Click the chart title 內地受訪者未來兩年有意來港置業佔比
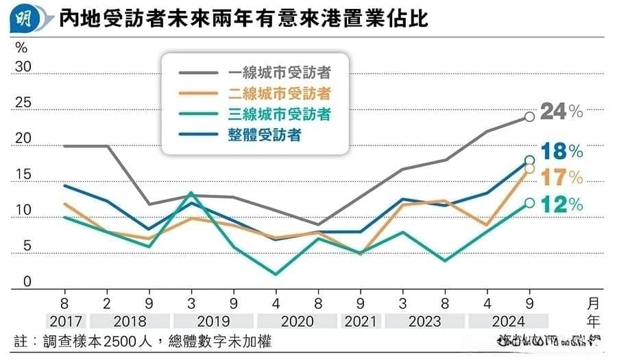(243, 19)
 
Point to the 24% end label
(561, 111)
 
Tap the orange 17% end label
(561, 178)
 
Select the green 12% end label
(561, 204)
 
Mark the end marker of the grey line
(529, 117)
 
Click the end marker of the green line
(529, 202)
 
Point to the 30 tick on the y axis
(23, 67)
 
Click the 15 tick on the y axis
(23, 176)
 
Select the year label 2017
(66, 321)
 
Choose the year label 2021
(361, 321)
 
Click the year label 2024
(508, 321)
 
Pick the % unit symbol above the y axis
(21, 48)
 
